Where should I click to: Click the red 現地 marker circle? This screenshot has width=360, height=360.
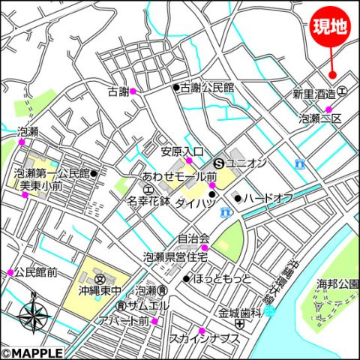(330, 27)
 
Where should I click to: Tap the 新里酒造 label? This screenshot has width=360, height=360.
(313, 94)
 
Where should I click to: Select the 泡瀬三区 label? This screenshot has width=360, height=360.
(320, 118)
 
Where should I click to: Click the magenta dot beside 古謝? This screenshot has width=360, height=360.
(133, 91)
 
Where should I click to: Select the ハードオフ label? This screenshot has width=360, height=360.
(268, 198)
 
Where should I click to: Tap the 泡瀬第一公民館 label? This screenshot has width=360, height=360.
(51, 173)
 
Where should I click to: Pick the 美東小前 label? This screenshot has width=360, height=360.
(41, 185)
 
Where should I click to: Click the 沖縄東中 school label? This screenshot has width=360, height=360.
(100, 289)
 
